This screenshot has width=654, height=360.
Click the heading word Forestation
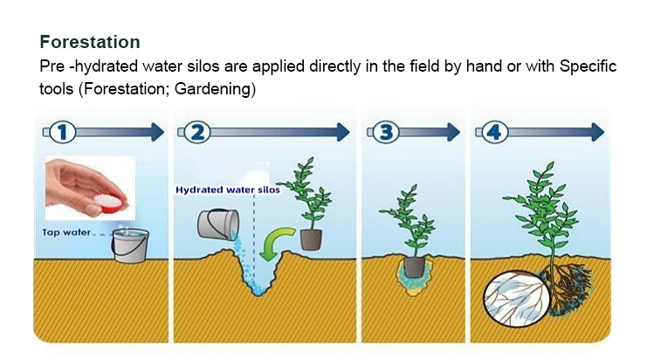pyautogui.click(x=90, y=42)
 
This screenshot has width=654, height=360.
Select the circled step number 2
pyautogui.click(x=197, y=132)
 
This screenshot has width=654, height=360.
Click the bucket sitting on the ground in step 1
pyautogui.click(x=128, y=246)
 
